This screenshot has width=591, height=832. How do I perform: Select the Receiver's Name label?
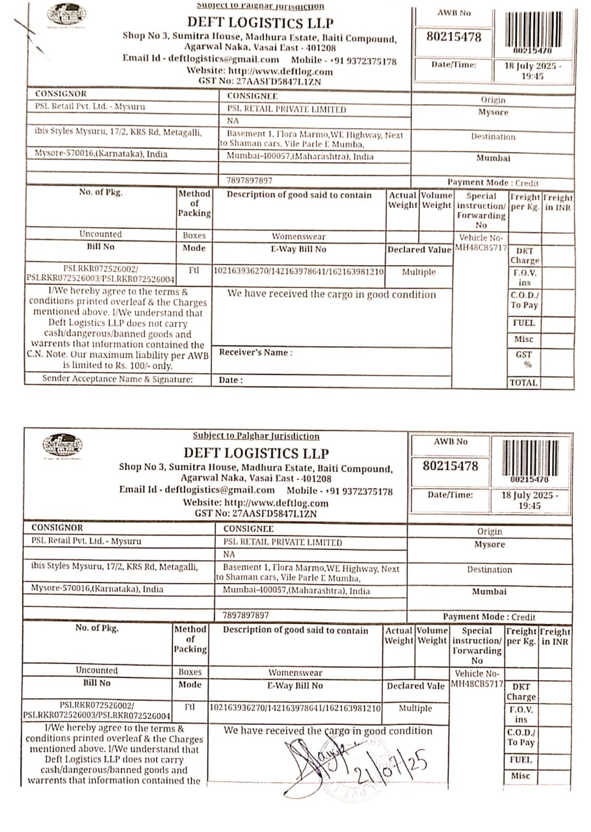256,352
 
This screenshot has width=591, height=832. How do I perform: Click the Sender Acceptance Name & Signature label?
118,378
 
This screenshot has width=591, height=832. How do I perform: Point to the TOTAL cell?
523,383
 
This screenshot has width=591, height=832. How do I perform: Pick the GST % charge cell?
523,359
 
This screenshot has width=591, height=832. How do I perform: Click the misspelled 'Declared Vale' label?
415,686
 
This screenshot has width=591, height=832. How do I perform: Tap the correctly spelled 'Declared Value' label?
419,250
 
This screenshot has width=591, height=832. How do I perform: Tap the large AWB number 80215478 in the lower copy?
450,466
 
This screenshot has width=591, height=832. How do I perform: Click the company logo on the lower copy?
62,445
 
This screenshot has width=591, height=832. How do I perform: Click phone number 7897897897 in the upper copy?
249,180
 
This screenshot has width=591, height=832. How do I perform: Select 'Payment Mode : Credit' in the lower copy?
489,617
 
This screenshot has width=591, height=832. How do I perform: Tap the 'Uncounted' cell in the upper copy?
100,234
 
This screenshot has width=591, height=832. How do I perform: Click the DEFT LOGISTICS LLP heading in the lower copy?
256,453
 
